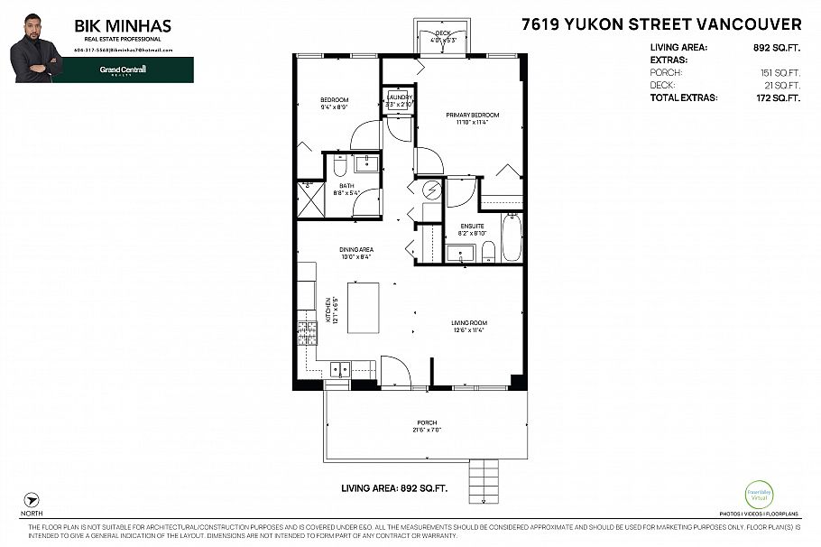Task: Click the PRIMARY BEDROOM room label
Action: [x=472, y=116]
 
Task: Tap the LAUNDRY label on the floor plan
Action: [x=399, y=97]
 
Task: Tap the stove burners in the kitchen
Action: [x=305, y=333]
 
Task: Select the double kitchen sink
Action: [x=340, y=368]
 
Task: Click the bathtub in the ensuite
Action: [x=512, y=236]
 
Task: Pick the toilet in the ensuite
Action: [x=487, y=250]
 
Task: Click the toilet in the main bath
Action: [x=340, y=166]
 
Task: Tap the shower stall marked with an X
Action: [x=309, y=197]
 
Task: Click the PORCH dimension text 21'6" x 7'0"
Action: [x=427, y=431]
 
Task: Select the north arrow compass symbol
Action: [x=32, y=499]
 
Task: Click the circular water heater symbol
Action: [x=429, y=190]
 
